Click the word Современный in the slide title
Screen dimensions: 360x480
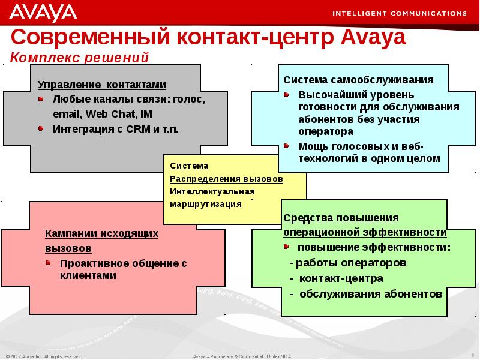[x=89, y=38]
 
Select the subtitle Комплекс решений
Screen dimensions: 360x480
[x=79, y=58]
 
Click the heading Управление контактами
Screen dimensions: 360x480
[x=101, y=85]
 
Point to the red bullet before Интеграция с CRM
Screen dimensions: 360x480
[x=40, y=128]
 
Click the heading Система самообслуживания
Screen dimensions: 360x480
[x=358, y=80]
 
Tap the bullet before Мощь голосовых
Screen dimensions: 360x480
[x=286, y=146]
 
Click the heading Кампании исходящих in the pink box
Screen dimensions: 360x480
[x=101, y=234]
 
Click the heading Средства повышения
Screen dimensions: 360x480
[x=341, y=218]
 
